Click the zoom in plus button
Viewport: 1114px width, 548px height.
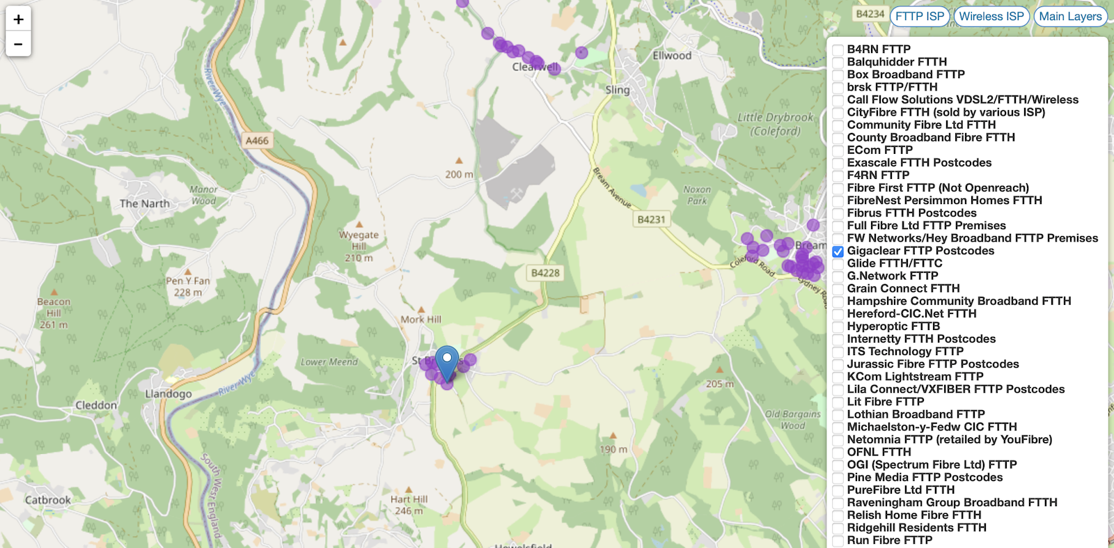point(18,19)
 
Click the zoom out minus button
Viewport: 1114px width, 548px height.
point(18,44)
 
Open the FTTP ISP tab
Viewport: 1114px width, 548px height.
point(919,16)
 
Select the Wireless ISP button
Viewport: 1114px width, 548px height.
point(991,16)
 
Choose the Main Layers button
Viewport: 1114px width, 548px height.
point(1070,16)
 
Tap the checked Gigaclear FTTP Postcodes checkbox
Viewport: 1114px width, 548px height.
point(838,251)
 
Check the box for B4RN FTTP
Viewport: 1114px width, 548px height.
point(838,50)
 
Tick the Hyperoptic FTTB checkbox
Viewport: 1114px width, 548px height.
point(838,327)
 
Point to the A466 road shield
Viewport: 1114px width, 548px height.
point(257,141)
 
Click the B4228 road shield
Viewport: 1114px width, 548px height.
point(545,273)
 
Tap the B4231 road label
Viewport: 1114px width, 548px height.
point(651,219)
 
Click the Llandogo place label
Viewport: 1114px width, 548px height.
point(168,394)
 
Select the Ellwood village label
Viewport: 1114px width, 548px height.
point(672,56)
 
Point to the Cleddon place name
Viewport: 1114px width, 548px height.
point(96,405)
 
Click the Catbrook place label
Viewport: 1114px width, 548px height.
point(48,500)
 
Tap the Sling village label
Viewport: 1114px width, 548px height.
point(617,90)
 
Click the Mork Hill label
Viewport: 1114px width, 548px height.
point(421,320)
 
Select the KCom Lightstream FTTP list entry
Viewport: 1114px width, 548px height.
point(915,377)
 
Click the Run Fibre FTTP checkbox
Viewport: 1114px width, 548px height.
point(838,541)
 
